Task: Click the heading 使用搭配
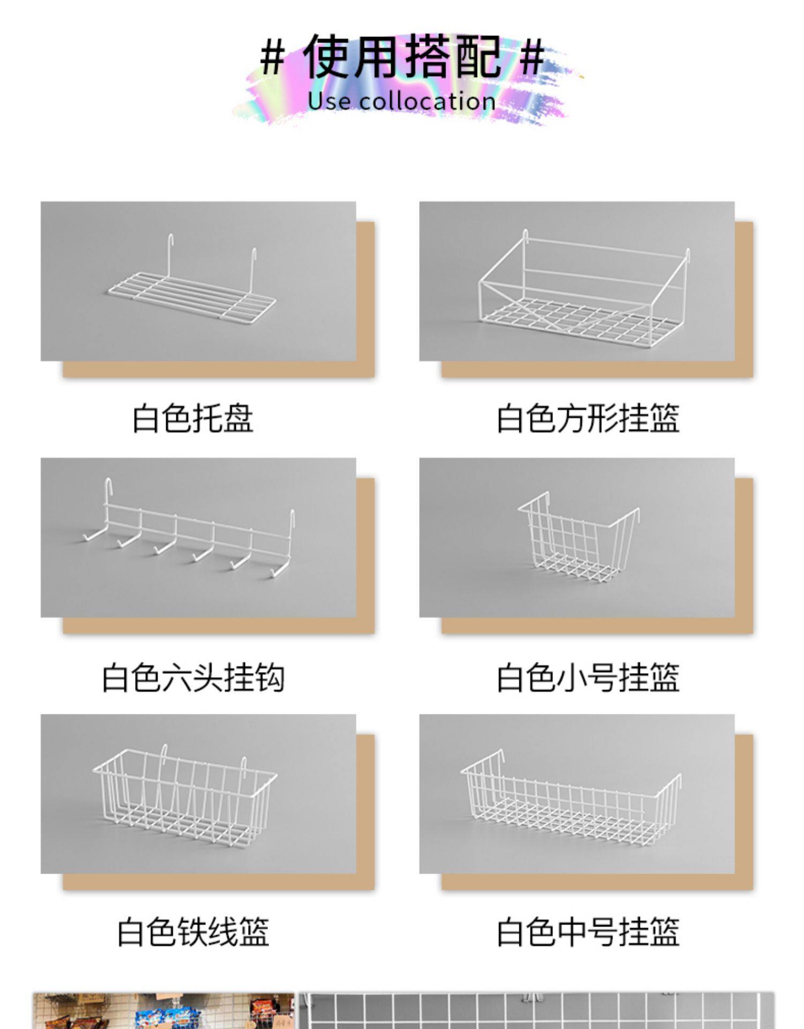click(402, 56)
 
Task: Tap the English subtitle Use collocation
click(401, 101)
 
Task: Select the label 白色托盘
click(193, 418)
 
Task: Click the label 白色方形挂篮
click(588, 418)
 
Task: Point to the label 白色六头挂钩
click(193, 677)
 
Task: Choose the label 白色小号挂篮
click(588, 677)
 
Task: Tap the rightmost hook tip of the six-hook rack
click(273, 576)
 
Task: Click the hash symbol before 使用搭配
click(272, 57)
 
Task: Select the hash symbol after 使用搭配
click(532, 57)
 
